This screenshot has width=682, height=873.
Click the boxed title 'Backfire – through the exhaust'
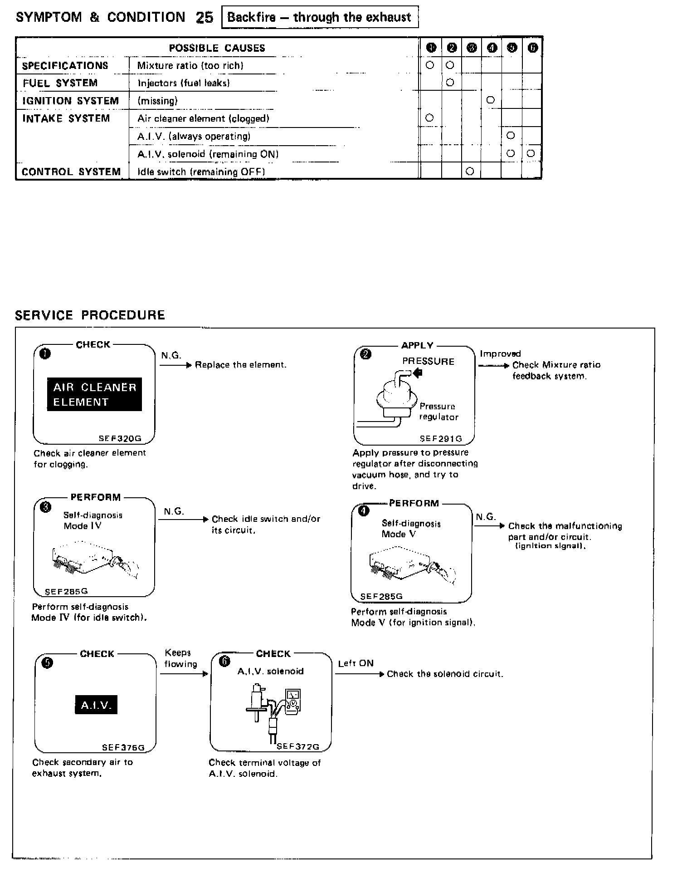coord(319,18)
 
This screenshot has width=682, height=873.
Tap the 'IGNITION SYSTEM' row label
coord(70,101)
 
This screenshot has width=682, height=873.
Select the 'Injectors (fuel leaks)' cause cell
coord(184,83)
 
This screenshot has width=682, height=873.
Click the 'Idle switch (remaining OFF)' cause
coord(201,172)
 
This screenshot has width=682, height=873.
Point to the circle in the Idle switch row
coord(470,171)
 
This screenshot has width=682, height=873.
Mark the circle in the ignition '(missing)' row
coord(490,100)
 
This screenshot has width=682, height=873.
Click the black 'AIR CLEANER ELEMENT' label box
coord(94,394)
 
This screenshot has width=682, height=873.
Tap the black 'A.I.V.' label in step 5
coord(96,705)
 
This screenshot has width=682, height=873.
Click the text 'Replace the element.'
coord(240,365)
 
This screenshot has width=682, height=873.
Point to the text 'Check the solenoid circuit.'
coord(445,674)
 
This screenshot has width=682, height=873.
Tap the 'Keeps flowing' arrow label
coord(180,658)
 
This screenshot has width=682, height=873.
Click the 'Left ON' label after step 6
coord(356,663)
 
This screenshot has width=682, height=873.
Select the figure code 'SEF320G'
coord(120,439)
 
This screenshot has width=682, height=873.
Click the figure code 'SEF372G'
coord(298,746)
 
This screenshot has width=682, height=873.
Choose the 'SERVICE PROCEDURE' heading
coord(90,315)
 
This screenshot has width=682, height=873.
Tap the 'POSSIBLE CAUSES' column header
coord(217,48)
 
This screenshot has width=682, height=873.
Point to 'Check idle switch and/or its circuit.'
coord(266,525)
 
